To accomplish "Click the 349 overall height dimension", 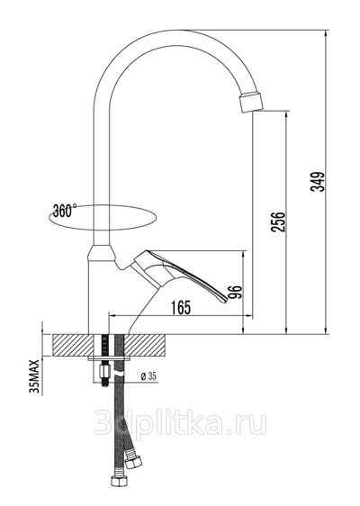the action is [x=318, y=181].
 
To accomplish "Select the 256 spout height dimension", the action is [x=278, y=221].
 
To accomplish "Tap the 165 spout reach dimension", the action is [x=181, y=307].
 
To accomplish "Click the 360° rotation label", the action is [x=65, y=211].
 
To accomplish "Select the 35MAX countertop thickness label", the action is [x=34, y=376].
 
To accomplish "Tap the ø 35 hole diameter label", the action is [x=148, y=376].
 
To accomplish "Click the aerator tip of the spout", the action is [x=251, y=102].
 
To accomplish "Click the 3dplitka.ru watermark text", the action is [x=180, y=424].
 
